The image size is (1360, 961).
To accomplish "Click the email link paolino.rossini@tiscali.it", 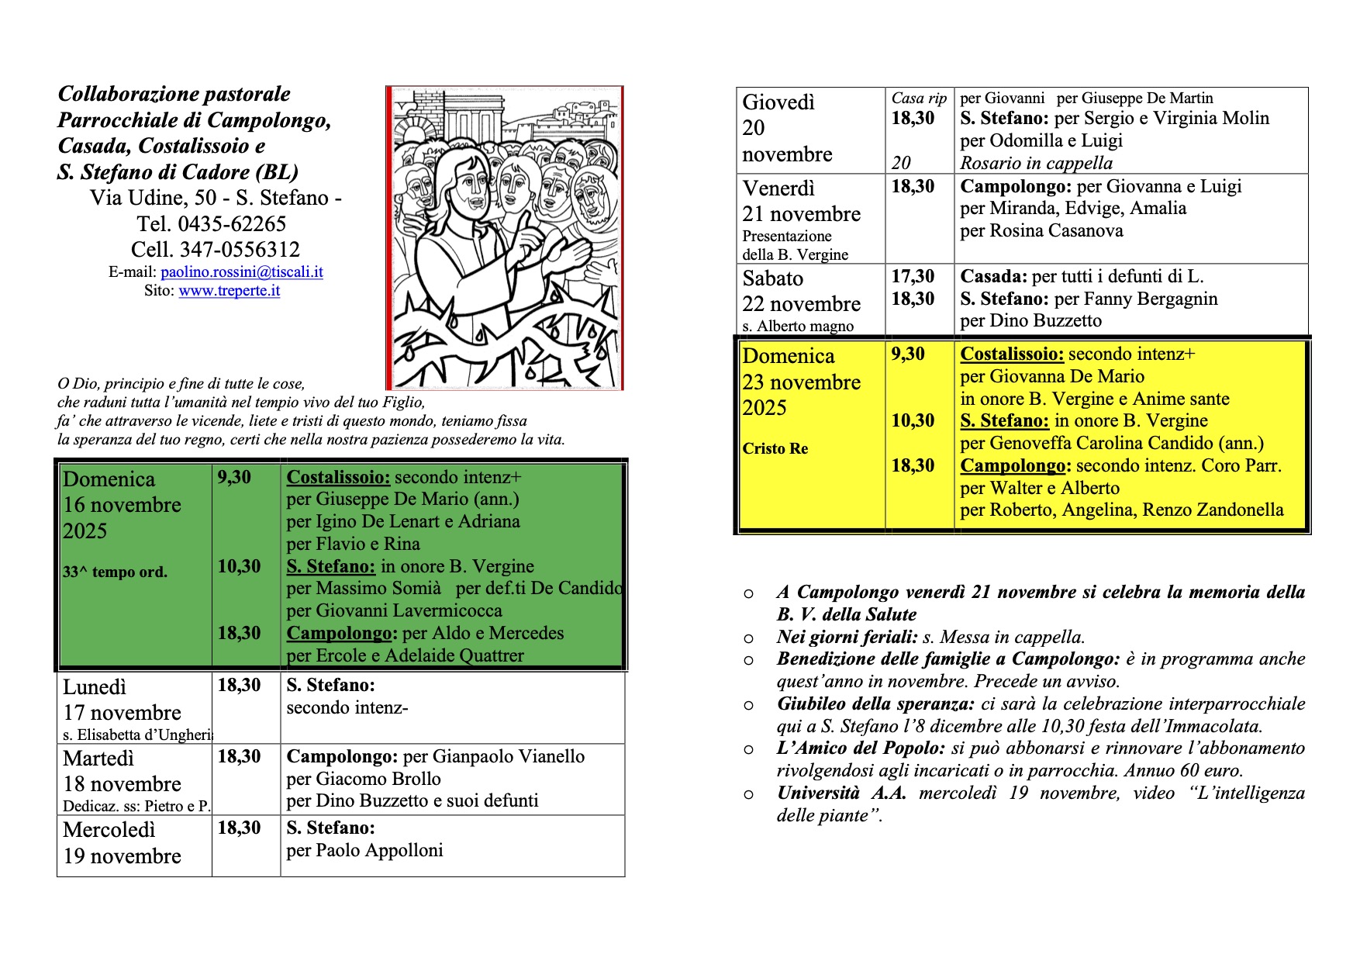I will pyautogui.click(x=242, y=272).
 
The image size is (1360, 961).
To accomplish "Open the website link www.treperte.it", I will pyautogui.click(x=229, y=291).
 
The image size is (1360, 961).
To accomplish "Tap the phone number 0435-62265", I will pyautogui.click(x=232, y=224).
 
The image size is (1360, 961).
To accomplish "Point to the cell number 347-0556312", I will pyautogui.click(x=240, y=250).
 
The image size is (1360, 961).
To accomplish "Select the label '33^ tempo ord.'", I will pyautogui.click(x=115, y=572).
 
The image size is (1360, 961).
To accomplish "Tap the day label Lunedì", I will pyautogui.click(x=95, y=687).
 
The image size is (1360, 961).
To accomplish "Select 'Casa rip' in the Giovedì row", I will pyautogui.click(x=919, y=99).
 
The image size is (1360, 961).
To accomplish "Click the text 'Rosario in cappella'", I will pyautogui.click(x=1036, y=163).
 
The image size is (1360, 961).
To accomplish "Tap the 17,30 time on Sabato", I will pyautogui.click(x=913, y=277).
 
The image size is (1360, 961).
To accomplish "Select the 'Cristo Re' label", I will pyautogui.click(x=775, y=448).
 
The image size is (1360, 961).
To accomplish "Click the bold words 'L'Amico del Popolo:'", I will pyautogui.click(x=861, y=748).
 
